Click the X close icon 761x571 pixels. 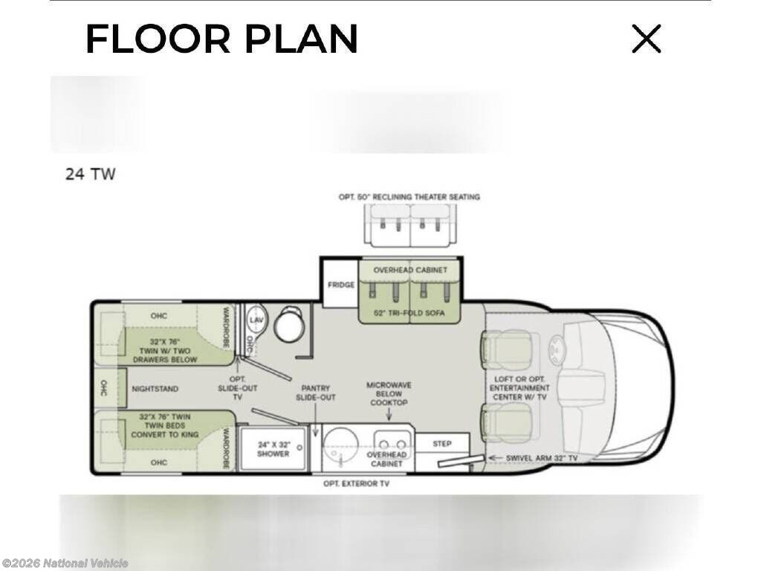(647, 39)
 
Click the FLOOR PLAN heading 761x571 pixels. (221, 39)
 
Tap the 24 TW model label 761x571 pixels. (90, 174)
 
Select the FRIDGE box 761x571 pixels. (340, 285)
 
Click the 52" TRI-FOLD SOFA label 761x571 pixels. (409, 313)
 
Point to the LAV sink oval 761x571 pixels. (256, 320)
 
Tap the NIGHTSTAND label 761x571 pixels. (155, 389)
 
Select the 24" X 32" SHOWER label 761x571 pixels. (273, 449)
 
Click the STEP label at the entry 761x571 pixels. (441, 444)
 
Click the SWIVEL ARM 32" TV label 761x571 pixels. (542, 458)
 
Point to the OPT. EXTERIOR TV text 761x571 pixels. (356, 483)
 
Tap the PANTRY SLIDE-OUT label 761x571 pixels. (315, 393)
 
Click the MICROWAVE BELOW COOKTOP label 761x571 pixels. (389, 394)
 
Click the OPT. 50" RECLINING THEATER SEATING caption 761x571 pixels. (409, 197)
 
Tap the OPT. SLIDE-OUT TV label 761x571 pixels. (237, 388)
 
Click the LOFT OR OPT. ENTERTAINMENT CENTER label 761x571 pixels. (519, 388)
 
